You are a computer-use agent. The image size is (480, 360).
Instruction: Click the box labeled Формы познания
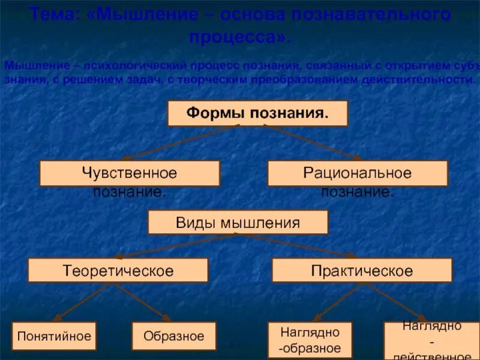pos(257,113)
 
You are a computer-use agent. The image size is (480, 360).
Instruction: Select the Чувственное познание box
pos(130,173)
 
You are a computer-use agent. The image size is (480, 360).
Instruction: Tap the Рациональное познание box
pos(358,173)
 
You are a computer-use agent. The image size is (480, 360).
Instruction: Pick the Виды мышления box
pos(238,223)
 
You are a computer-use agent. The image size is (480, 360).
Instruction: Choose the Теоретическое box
pos(118,271)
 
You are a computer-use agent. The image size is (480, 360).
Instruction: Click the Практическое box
pos(362,271)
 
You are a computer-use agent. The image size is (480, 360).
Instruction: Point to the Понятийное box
pos(54,336)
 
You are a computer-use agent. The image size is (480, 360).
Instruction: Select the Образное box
pos(174,336)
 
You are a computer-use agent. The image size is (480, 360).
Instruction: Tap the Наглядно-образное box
pos(310,340)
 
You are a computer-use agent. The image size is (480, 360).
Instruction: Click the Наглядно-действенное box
pos(431,340)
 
